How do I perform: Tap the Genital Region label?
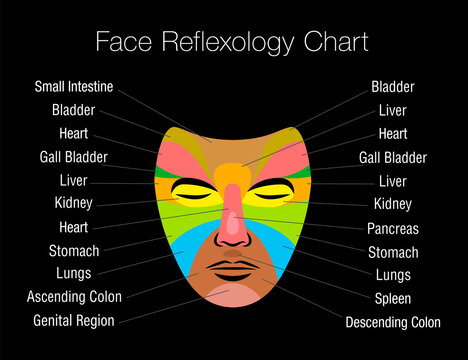[x=74, y=320]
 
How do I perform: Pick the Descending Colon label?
[x=392, y=322]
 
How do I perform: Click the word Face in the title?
[x=123, y=43]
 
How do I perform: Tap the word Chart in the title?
[x=335, y=43]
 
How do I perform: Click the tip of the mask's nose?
[x=232, y=240]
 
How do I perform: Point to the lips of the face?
[x=232, y=270]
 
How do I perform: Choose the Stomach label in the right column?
[x=393, y=252]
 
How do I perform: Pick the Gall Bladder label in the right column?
[x=391, y=157]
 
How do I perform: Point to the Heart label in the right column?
[x=392, y=133]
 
